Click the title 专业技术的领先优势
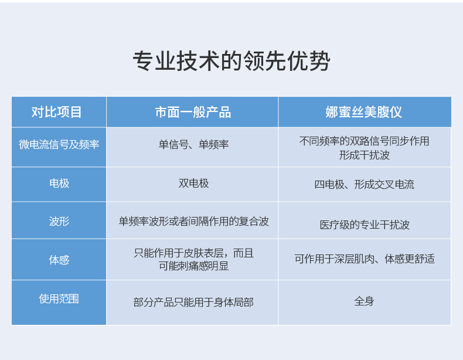click(x=231, y=61)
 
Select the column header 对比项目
click(x=56, y=112)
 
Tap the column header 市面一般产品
click(x=193, y=112)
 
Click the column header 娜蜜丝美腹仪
click(x=364, y=112)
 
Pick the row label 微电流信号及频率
click(x=59, y=144)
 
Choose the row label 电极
click(x=59, y=184)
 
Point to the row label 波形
click(x=59, y=221)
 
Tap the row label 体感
click(x=59, y=260)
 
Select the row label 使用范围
click(x=59, y=299)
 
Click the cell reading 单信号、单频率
click(x=193, y=144)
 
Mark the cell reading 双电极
click(x=193, y=184)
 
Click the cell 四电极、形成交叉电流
click(x=364, y=185)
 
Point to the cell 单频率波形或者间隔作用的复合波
click(x=194, y=221)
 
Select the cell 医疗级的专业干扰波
click(x=365, y=225)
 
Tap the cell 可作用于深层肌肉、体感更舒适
click(x=365, y=259)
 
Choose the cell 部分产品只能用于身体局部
click(x=193, y=303)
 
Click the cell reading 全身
click(x=364, y=301)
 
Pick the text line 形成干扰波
click(x=365, y=155)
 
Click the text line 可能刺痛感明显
click(x=194, y=266)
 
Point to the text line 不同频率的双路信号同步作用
click(x=364, y=141)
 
